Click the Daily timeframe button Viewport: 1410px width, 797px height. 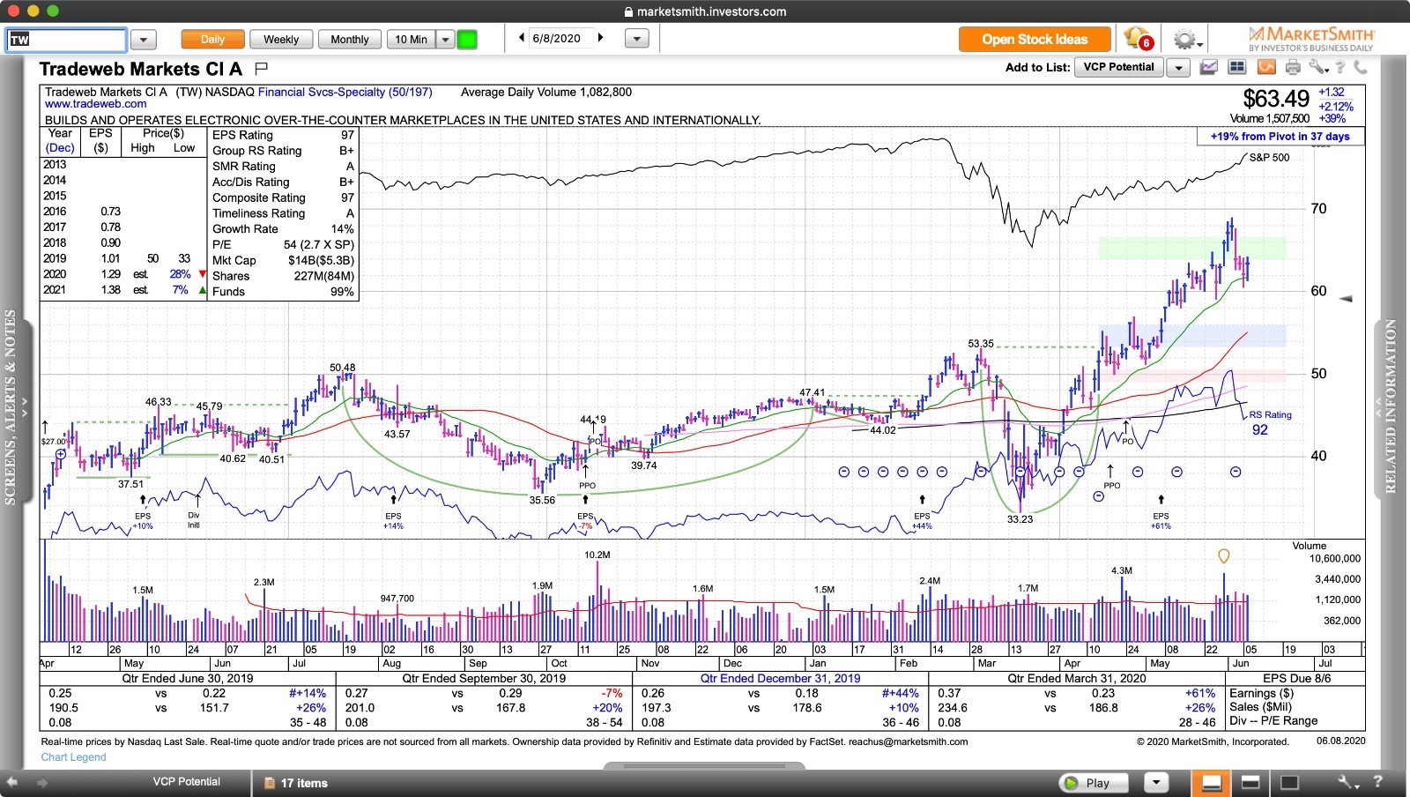coord(212,40)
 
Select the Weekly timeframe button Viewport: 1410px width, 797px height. coord(281,40)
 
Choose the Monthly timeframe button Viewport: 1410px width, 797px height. coord(349,40)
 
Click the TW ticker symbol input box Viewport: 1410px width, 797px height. coord(67,40)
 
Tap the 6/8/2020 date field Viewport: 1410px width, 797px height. coord(556,39)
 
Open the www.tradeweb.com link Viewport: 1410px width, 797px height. coord(96,104)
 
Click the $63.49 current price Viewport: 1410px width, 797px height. coord(1275,99)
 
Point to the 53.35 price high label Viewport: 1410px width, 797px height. coord(980,344)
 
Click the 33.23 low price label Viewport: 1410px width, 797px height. coord(1020,519)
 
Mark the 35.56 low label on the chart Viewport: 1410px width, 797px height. coord(542,500)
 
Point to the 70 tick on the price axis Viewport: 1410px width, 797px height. coord(1318,209)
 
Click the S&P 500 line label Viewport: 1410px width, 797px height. coord(1269,158)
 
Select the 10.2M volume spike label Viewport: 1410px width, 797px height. coord(597,555)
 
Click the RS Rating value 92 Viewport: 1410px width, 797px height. coord(1260,430)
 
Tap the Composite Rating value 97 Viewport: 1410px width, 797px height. coord(347,197)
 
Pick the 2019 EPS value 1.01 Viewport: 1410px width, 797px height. coord(110,258)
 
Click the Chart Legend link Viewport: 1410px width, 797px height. coord(73,757)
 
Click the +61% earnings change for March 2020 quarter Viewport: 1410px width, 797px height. coord(1199,693)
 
